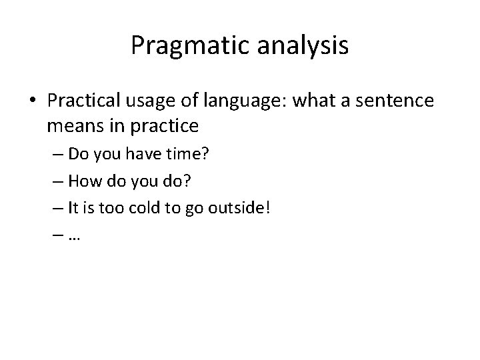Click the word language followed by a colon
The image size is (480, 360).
235,103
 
